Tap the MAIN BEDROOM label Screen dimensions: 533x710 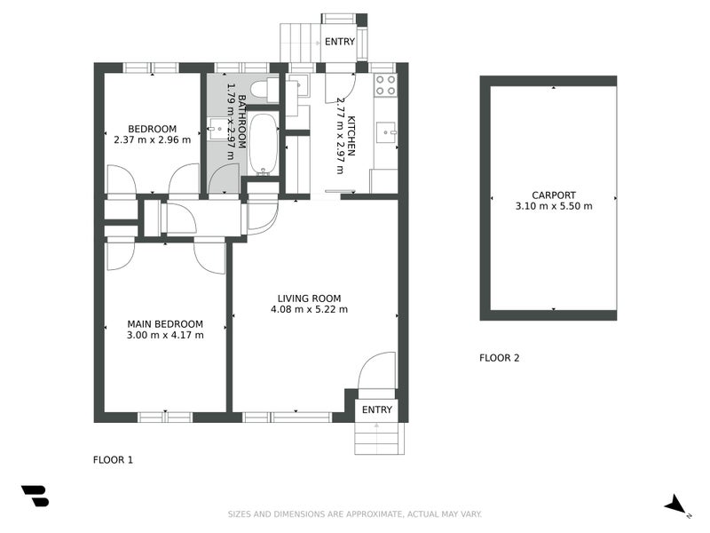click(x=165, y=323)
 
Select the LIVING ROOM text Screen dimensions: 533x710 click(x=309, y=298)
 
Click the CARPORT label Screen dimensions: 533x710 click(x=554, y=195)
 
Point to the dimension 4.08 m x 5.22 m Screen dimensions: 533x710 click(x=309, y=310)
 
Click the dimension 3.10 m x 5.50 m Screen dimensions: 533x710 click(x=554, y=206)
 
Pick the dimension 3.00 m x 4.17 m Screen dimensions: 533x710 click(x=165, y=335)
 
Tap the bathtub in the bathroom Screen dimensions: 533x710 click(x=263, y=143)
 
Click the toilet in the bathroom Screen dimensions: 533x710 click(x=263, y=90)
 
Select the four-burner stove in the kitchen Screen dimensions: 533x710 click(x=385, y=85)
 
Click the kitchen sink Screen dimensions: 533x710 click(x=387, y=133)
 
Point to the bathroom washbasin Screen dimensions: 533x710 click(x=218, y=130)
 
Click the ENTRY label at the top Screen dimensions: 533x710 click(x=339, y=42)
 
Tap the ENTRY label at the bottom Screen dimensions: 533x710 click(x=377, y=410)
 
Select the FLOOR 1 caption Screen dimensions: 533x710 click(x=113, y=460)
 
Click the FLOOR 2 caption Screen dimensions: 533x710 click(x=499, y=359)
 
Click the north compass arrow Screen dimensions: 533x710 click(x=676, y=505)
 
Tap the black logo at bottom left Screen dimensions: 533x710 click(x=35, y=496)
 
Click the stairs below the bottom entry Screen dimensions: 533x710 click(x=378, y=438)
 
